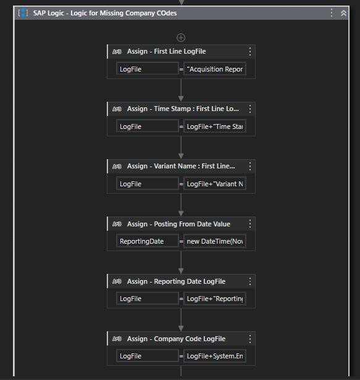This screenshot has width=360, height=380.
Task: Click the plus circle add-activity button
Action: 181,38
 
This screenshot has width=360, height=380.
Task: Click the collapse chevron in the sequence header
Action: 343,13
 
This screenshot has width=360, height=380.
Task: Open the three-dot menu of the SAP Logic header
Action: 332,13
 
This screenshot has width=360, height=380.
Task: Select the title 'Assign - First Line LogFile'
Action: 167,51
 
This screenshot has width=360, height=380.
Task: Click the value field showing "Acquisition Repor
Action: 215,69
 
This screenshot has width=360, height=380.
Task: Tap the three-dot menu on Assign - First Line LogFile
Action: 250,52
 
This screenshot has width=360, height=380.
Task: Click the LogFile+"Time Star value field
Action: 215,126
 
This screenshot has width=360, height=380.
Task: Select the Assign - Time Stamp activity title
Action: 183,109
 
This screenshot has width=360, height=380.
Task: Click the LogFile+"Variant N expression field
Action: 215,184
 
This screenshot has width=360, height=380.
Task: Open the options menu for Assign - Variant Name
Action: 250,167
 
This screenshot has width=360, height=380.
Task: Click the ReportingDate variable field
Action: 147,241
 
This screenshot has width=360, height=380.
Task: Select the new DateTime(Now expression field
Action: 215,241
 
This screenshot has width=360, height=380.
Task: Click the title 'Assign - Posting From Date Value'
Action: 178,224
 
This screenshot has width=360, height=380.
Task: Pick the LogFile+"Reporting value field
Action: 215,299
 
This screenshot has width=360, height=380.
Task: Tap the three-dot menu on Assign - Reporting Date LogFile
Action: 250,281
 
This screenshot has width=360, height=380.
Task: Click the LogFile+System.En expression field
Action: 215,356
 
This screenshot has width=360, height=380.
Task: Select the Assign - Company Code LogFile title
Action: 176,339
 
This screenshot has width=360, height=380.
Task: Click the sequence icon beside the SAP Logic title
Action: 23,13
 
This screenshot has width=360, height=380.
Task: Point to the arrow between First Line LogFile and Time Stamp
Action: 181,90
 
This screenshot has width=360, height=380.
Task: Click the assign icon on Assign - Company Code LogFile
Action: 117,339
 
